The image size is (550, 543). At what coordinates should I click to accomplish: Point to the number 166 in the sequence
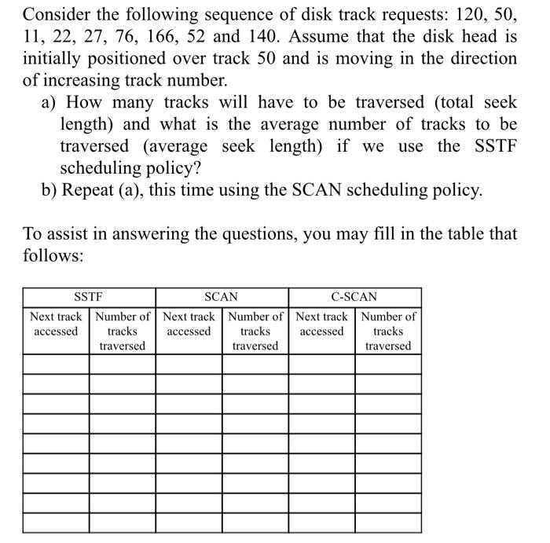[x=212, y=37]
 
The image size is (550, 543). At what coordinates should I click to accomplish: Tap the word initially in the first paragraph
[x=53, y=59]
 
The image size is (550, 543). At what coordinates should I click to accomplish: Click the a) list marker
[x=50, y=103]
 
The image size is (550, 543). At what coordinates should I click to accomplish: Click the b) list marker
[x=50, y=190]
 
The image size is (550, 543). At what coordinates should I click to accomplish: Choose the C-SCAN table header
[x=354, y=297]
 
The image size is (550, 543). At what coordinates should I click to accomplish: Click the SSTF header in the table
[x=89, y=297]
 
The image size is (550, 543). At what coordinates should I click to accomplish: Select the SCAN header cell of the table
[x=221, y=297]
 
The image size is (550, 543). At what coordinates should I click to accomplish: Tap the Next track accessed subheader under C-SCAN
[x=321, y=324]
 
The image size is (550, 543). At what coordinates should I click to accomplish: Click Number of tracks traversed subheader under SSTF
[x=123, y=331]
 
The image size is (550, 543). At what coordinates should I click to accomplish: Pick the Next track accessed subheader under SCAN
[x=189, y=324]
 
